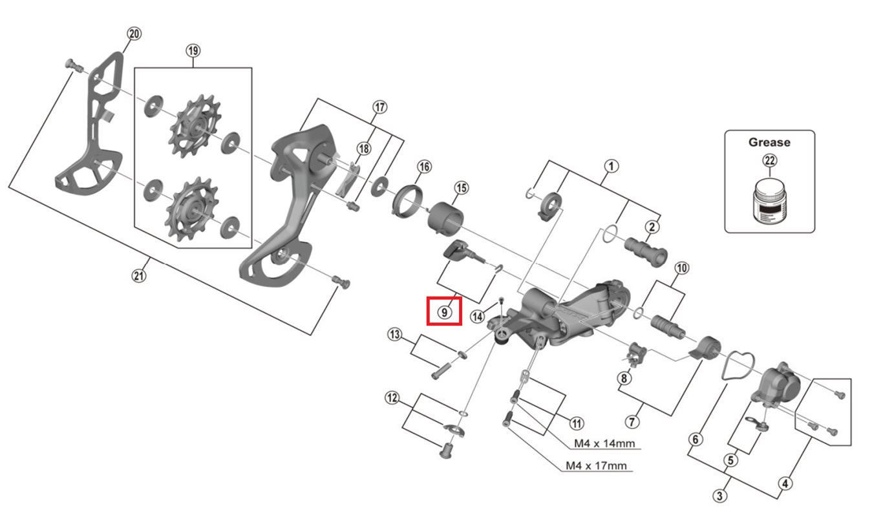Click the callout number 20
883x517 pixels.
point(134,34)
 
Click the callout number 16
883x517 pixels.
point(423,167)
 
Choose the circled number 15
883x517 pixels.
point(461,187)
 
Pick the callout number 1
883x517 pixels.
point(612,166)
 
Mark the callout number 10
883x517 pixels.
point(681,268)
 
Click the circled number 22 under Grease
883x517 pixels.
point(769,161)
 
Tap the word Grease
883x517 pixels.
point(769,142)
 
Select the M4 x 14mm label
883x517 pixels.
point(604,444)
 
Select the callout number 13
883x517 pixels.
point(395,334)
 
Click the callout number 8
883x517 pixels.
point(624,379)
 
